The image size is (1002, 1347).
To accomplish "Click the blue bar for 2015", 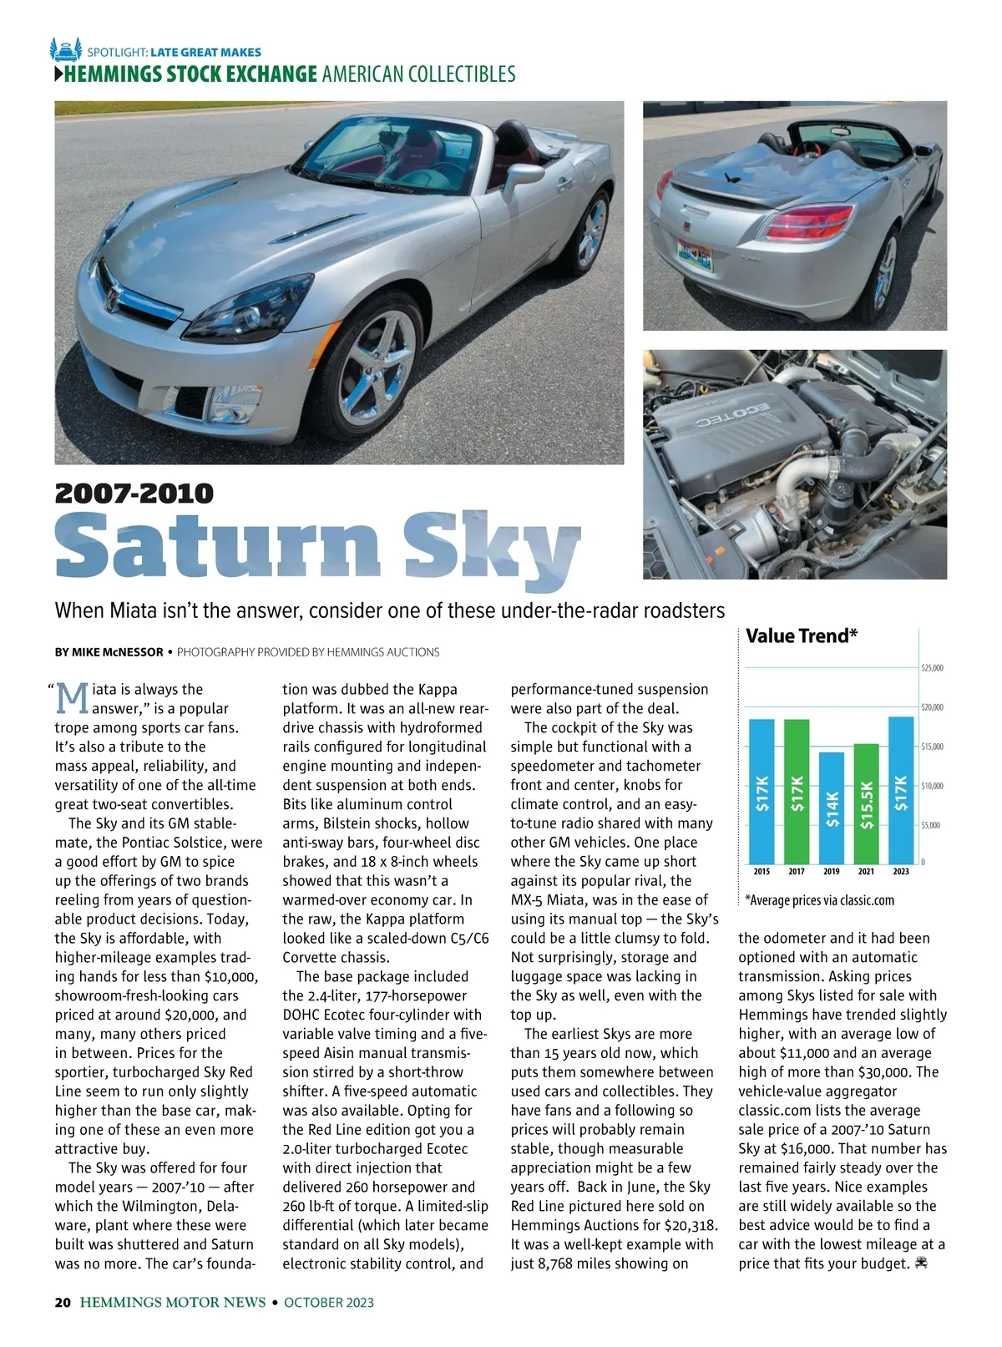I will click(x=762, y=790).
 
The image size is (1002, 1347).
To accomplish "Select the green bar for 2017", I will click(x=797, y=790).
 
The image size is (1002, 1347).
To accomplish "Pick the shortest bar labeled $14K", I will click(x=832, y=807).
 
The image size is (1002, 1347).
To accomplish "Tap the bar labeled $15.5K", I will click(x=867, y=803).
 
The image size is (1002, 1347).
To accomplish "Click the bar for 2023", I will click(x=901, y=789).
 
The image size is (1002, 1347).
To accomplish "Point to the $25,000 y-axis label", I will click(x=932, y=668).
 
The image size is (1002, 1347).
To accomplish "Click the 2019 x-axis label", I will click(x=832, y=872).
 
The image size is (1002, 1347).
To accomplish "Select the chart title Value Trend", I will click(x=802, y=636).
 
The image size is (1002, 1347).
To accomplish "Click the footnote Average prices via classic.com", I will click(x=820, y=900).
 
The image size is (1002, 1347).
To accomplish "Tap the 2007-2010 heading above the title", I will click(x=134, y=494).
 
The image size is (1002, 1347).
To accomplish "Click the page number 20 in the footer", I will click(x=63, y=1302).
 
